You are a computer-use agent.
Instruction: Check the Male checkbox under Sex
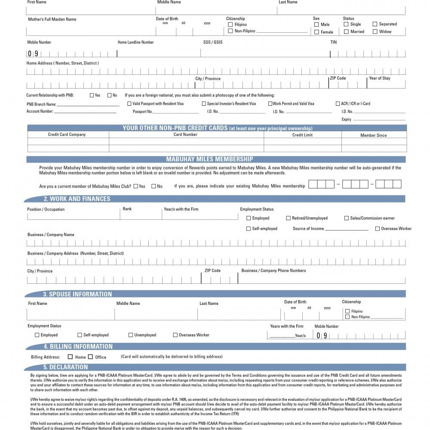tap(316, 25)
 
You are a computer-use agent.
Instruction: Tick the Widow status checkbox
tap(375, 31)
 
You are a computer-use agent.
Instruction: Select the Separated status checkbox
tap(375, 24)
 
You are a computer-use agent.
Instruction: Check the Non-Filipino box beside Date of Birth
tap(230, 31)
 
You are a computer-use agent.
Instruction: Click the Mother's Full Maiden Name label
tap(52, 19)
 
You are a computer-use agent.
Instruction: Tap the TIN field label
tap(333, 42)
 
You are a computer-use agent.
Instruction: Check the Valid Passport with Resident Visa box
tap(129, 104)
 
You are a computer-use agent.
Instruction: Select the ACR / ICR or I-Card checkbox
tap(338, 104)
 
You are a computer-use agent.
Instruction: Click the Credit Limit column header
tap(302, 135)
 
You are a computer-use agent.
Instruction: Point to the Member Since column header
tap(373, 135)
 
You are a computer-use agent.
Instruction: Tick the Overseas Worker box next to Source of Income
tap(378, 229)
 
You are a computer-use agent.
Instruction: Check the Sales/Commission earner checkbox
tap(347, 218)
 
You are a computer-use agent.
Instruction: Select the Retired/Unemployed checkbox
tap(289, 218)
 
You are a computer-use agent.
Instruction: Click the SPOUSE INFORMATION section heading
tap(77, 295)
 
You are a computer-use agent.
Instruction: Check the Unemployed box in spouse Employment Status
tap(131, 335)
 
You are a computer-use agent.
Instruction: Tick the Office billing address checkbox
tap(90, 356)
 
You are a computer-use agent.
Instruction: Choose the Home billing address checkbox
tap(71, 356)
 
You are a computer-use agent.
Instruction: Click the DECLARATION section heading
tap(65, 367)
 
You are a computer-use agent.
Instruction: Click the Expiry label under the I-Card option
tap(347, 120)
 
